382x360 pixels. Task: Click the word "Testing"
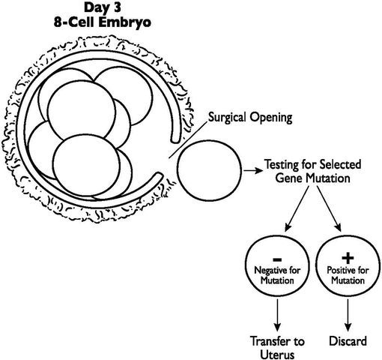coord(284,163)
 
